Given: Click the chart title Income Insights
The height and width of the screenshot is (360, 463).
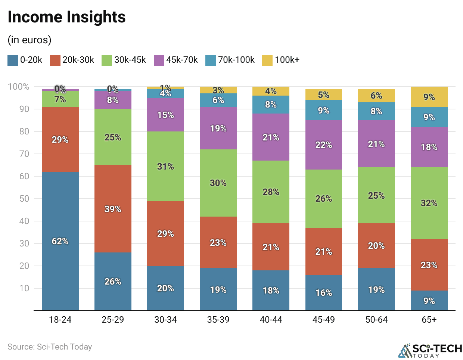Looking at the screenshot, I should coord(66,17).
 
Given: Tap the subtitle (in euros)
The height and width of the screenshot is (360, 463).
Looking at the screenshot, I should coord(29,40).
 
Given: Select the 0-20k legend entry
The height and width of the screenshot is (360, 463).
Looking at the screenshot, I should coord(25,60).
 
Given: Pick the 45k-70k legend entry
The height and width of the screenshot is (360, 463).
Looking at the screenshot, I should coord(176,60).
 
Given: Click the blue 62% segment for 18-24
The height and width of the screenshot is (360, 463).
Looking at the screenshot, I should coord(60,241).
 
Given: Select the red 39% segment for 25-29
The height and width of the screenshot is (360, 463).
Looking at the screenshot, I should coord(113,209).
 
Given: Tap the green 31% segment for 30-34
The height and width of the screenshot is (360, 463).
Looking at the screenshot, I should coord(165,166).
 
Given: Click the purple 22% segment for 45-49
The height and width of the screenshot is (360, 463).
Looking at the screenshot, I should coord(323,145).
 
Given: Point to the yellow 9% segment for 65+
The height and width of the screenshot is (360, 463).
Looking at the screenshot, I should coord(429,97).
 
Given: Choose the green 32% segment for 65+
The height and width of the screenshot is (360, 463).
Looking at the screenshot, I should coord(429,203).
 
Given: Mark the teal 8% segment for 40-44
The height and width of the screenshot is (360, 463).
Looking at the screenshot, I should coord(271,105).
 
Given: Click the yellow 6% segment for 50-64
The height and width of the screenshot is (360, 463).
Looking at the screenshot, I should coord(376,96).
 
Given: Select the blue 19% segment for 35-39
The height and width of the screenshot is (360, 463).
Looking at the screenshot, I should coord(218,289).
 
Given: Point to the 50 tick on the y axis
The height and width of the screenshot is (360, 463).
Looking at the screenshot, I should coord(24,199).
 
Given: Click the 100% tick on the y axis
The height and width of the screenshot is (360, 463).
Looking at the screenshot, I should coord(19,87).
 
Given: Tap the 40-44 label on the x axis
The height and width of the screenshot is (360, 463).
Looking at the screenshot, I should coord(271,320).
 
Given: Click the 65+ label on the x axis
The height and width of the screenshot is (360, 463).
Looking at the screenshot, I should coord(429,320).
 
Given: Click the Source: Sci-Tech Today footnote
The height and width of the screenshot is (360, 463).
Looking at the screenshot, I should coord(50,347).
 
